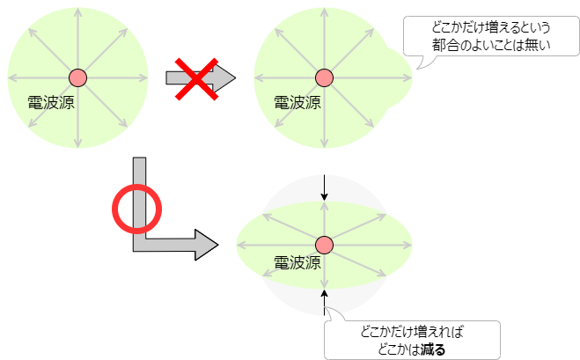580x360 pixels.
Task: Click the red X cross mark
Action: click(x=198, y=77)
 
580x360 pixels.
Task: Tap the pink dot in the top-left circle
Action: click(x=77, y=77)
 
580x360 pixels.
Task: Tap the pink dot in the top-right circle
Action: click(x=324, y=77)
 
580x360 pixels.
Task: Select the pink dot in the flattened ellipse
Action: click(x=324, y=245)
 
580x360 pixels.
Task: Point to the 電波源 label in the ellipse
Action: click(x=297, y=261)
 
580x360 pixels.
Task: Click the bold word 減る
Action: click(x=433, y=349)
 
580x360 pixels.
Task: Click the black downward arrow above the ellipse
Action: click(x=325, y=187)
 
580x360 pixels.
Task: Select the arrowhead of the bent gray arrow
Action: click(x=206, y=244)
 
